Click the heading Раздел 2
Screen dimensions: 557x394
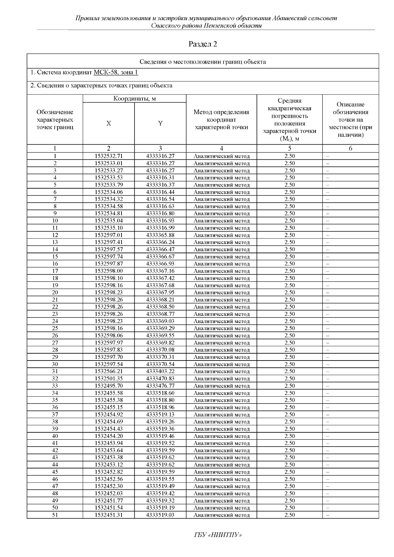(x=203, y=44)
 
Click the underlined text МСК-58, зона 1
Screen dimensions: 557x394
(x=116, y=73)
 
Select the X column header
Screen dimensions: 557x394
(x=108, y=123)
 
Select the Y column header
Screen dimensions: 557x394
(x=160, y=123)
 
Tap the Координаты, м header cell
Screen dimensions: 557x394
(x=135, y=99)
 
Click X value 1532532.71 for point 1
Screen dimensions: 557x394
(x=108, y=156)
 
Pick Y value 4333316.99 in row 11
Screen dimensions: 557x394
(x=160, y=228)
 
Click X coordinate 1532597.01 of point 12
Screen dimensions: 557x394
(x=108, y=235)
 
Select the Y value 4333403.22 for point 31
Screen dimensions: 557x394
(x=160, y=371)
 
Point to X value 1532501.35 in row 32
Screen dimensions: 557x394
(x=108, y=379)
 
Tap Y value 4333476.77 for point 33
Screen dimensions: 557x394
(x=160, y=386)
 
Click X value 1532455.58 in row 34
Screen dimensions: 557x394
(x=108, y=393)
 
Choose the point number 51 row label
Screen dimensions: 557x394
(x=55, y=515)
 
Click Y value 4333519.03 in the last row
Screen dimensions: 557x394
(x=160, y=515)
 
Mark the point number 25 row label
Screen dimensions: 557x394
(x=55, y=328)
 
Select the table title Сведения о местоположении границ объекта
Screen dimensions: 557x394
(x=203, y=62)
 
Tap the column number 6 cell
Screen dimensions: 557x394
(x=350, y=149)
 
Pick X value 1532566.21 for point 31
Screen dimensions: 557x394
(x=108, y=371)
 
